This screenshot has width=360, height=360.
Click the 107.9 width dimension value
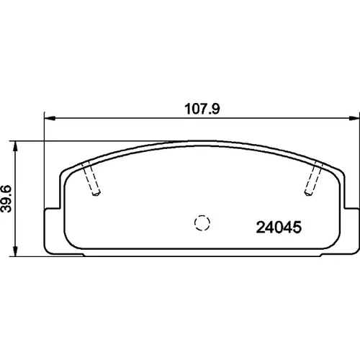point(202,109)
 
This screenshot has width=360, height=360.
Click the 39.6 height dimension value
point(6,198)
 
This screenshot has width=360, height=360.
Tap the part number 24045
point(279,228)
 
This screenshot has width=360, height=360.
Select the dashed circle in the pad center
point(202,223)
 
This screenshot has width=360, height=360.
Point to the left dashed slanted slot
point(91,178)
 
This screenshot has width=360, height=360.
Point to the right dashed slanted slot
point(314,178)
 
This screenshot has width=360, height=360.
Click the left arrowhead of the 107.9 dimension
point(50,118)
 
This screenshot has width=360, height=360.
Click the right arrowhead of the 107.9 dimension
point(354,118)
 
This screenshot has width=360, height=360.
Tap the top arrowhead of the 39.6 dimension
point(15,146)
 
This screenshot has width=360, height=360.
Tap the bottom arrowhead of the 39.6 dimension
point(15,251)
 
